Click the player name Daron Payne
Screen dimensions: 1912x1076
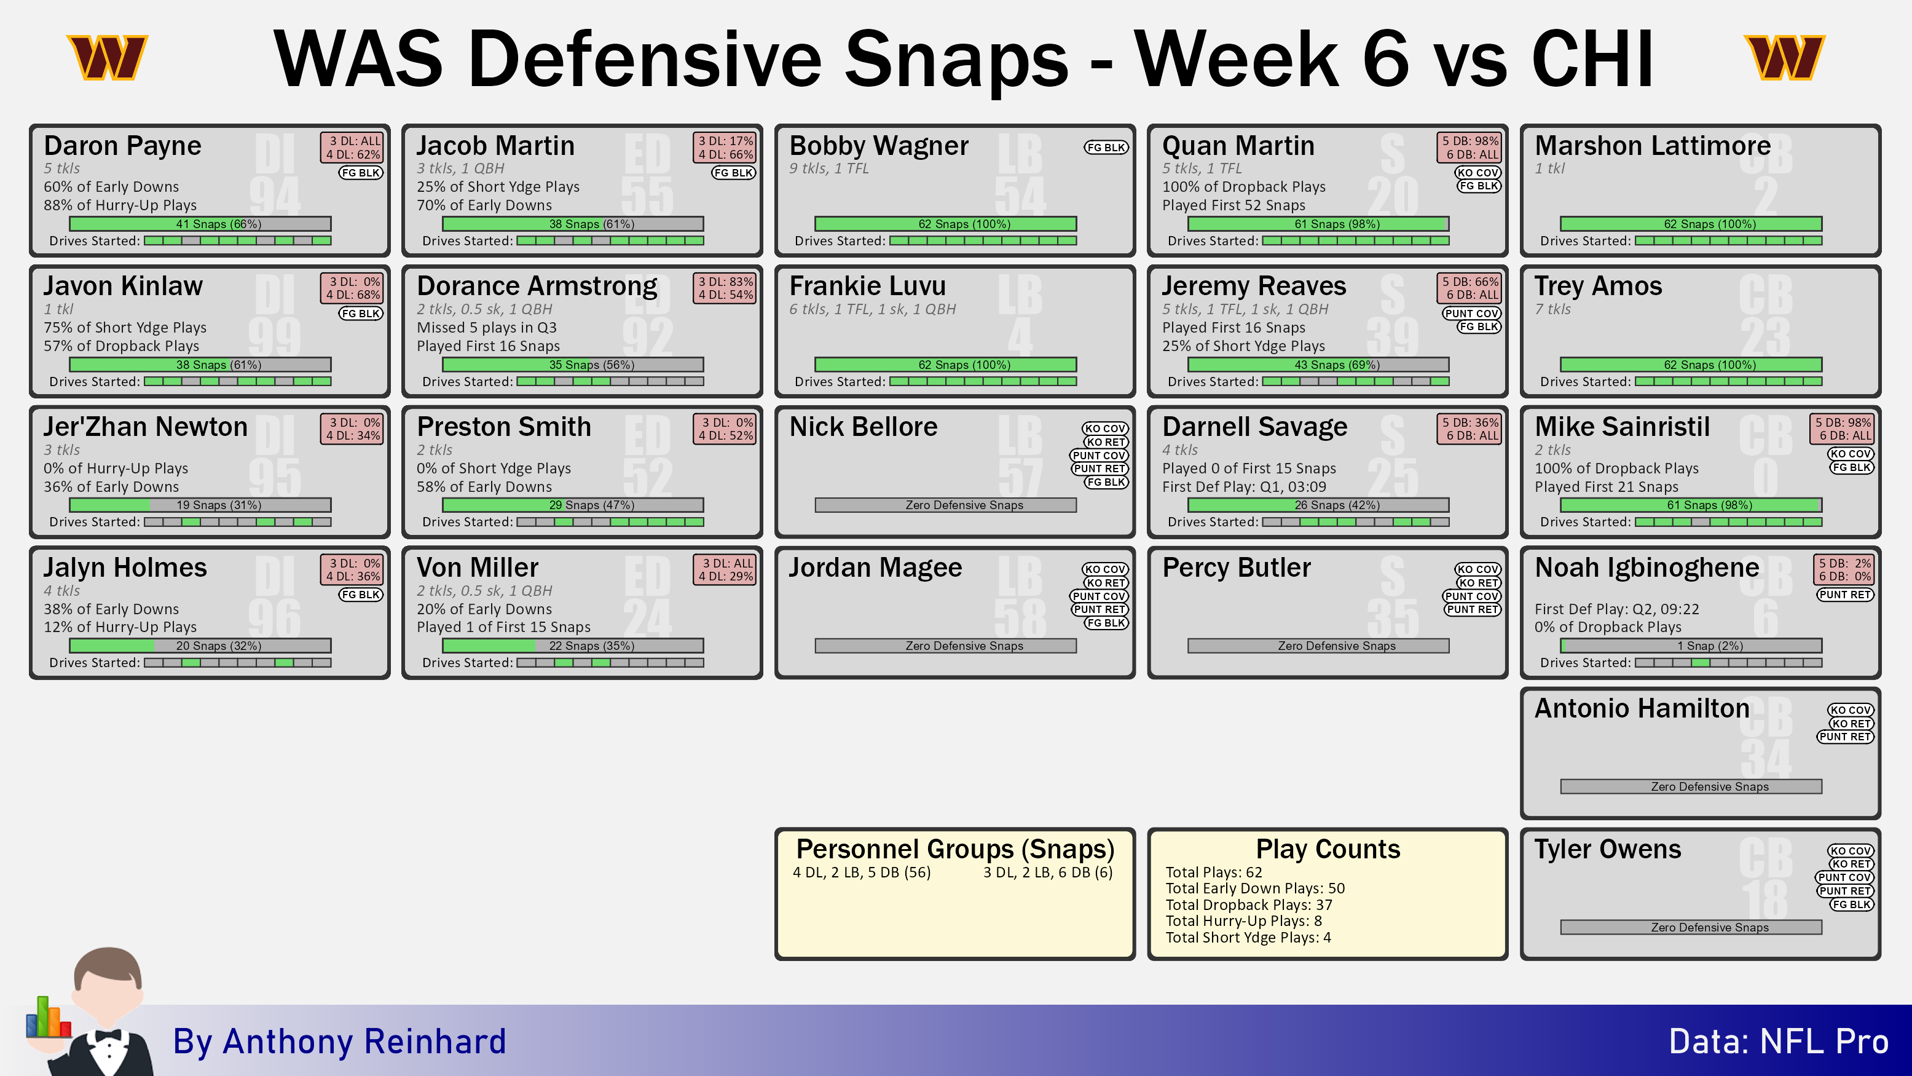pyautogui.click(x=122, y=146)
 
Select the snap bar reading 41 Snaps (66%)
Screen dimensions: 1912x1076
pyautogui.click(x=200, y=224)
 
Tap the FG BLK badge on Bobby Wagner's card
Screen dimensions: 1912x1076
pyautogui.click(x=1106, y=147)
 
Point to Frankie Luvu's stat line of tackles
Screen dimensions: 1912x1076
pyautogui.click(x=872, y=309)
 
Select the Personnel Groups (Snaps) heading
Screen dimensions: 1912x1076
pyautogui.click(x=955, y=849)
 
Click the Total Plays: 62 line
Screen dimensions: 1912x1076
pyautogui.click(x=1214, y=872)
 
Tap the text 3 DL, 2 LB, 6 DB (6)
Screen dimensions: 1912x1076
pyautogui.click(x=1048, y=872)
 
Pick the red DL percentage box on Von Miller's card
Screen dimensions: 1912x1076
pyautogui.click(x=725, y=569)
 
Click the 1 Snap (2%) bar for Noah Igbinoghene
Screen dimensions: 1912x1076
pyautogui.click(x=1691, y=646)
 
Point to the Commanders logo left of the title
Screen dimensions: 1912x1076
pyautogui.click(x=107, y=57)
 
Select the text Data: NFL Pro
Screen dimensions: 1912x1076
pyautogui.click(x=1779, y=1041)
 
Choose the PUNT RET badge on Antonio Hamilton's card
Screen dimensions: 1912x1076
pyautogui.click(x=1844, y=737)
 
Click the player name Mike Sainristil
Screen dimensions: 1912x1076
pyautogui.click(x=1622, y=427)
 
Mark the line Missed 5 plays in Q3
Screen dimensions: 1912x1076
pyautogui.click(x=486, y=328)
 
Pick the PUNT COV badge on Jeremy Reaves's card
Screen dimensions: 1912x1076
pyautogui.click(x=1471, y=314)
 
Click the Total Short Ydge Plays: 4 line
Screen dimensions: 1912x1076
pyautogui.click(x=1248, y=937)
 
